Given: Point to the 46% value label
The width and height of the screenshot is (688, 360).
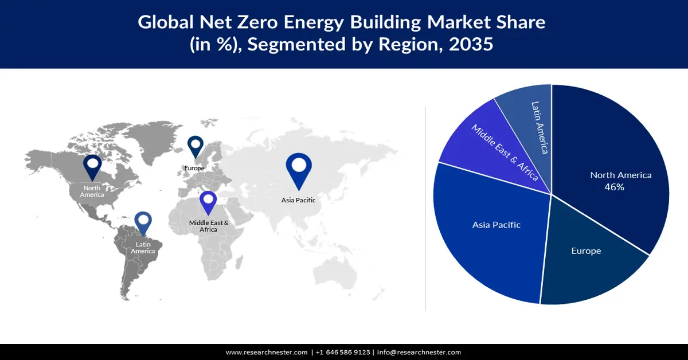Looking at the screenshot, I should click(x=614, y=187).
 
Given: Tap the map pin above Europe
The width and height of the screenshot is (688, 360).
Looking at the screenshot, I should click(x=196, y=146).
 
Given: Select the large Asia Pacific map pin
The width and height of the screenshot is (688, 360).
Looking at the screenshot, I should click(x=299, y=168).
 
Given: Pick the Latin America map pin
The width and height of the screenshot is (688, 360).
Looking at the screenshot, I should click(x=143, y=223).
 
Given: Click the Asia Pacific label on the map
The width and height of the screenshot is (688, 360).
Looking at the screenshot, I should click(x=298, y=200).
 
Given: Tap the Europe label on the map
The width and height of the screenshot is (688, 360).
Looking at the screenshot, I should click(x=194, y=168).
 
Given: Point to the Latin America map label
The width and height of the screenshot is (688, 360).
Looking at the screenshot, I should click(x=143, y=248).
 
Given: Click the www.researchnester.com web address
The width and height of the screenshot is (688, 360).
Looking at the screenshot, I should click(x=267, y=352).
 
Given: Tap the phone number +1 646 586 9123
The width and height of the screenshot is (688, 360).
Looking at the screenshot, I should click(x=343, y=352).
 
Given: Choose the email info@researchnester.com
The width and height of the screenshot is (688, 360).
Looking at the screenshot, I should click(x=419, y=352).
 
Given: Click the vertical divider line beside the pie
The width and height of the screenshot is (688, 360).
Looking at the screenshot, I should click(x=425, y=206).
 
